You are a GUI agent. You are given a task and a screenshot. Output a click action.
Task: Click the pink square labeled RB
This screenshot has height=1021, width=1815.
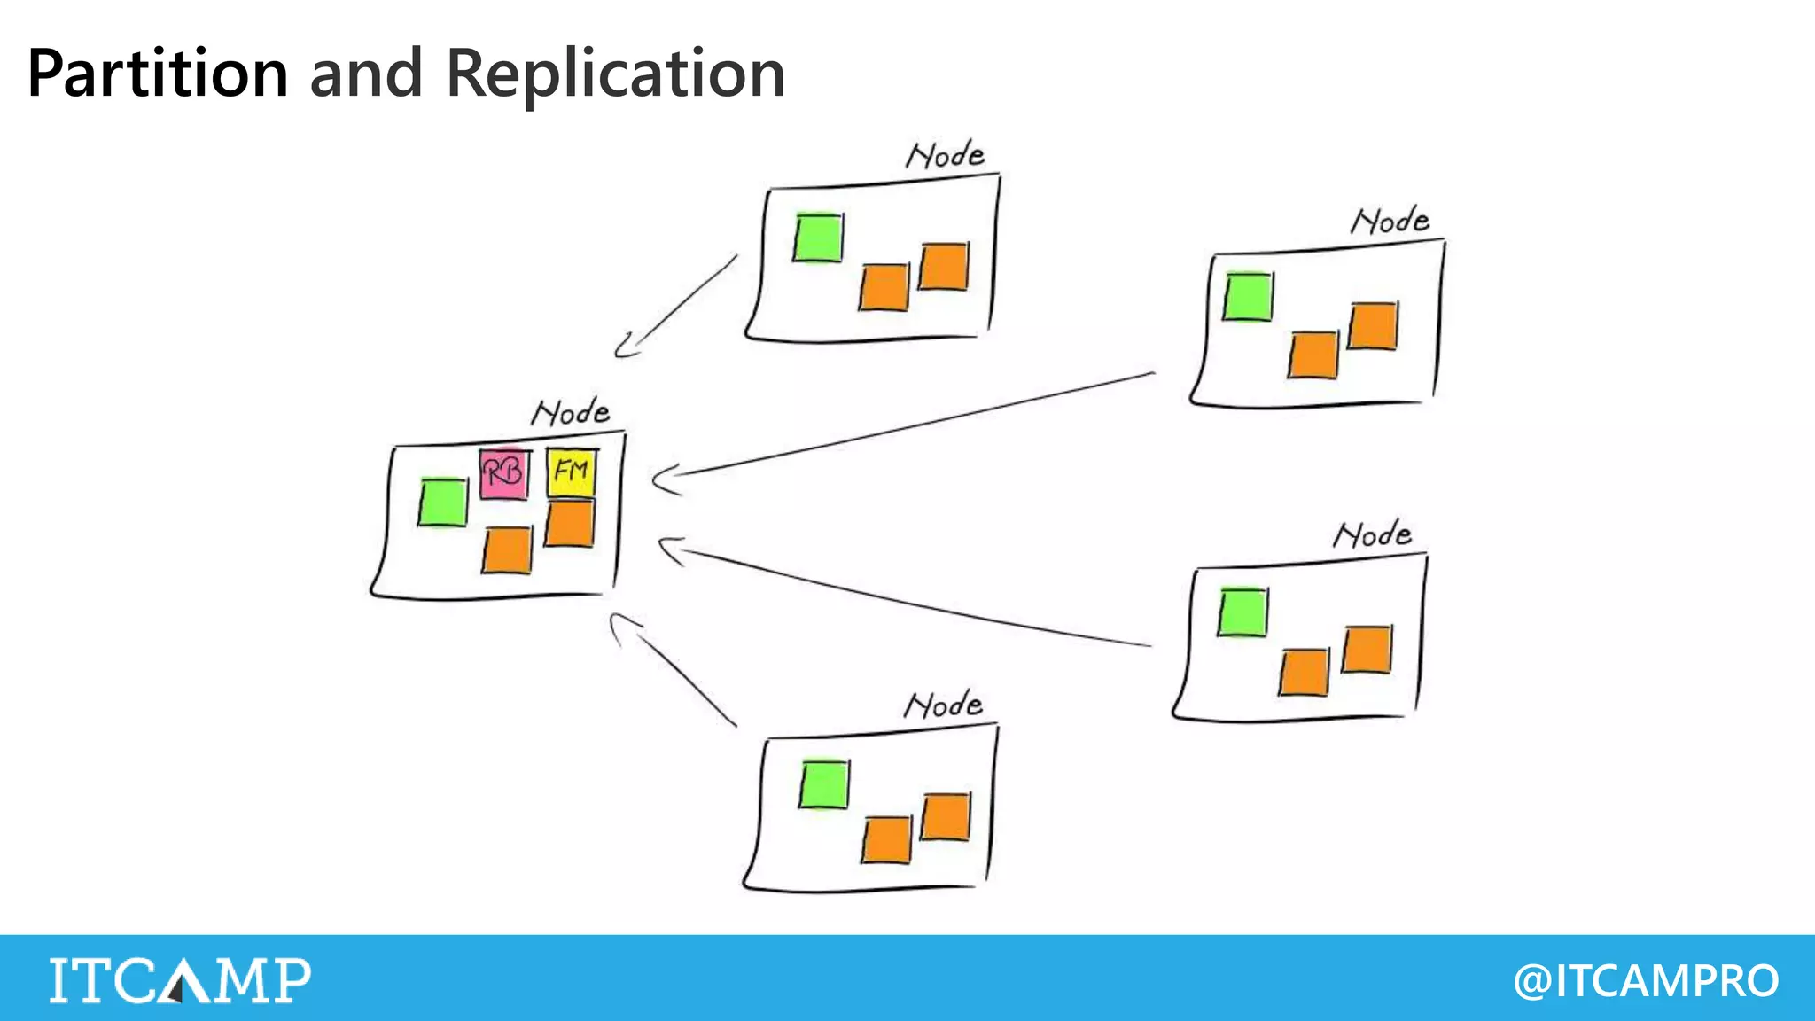[503, 473]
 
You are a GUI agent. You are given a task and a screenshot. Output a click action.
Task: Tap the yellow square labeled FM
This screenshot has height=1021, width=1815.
[571, 472]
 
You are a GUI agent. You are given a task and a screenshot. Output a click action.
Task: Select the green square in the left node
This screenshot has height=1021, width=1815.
[442, 503]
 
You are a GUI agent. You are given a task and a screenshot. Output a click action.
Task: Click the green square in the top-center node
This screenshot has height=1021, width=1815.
[817, 238]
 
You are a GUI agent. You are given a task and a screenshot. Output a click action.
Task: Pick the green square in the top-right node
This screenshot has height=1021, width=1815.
[1248, 297]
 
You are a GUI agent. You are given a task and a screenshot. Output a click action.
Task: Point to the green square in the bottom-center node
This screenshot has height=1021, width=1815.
[823, 784]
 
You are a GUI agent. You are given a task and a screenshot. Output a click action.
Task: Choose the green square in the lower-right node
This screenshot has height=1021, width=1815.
[1242, 612]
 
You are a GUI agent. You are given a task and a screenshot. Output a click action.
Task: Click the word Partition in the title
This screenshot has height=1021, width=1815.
[158, 74]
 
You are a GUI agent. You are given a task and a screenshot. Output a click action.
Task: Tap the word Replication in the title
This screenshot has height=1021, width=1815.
[615, 74]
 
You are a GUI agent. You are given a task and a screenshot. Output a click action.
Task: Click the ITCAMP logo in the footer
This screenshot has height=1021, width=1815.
[180, 980]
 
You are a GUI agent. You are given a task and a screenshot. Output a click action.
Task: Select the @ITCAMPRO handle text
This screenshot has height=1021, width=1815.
[1646, 980]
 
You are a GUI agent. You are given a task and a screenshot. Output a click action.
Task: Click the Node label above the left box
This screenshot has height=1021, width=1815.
[571, 412]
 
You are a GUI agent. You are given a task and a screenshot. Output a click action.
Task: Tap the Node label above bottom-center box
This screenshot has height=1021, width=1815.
[943, 705]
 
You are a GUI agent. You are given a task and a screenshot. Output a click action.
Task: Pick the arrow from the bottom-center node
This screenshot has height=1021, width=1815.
[674, 669]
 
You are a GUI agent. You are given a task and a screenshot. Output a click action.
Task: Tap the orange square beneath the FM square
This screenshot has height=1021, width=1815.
[569, 524]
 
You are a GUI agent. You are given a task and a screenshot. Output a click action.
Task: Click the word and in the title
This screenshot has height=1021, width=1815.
[366, 74]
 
